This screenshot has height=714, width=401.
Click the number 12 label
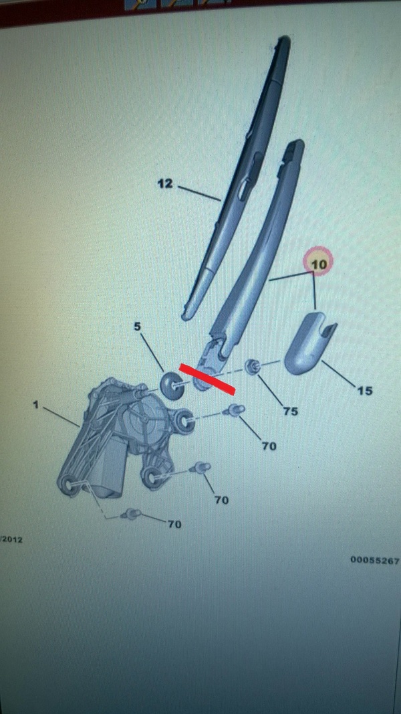pyautogui.click(x=166, y=183)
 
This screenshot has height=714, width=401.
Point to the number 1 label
pyautogui.click(x=36, y=404)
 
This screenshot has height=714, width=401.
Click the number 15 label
pyautogui.click(x=365, y=390)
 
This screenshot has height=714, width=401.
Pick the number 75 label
pyautogui.click(x=291, y=411)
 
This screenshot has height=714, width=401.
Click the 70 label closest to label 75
pyautogui.click(x=269, y=446)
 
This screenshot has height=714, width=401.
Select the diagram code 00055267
pyautogui.click(x=375, y=560)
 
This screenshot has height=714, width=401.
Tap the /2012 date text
pyautogui.click(x=11, y=539)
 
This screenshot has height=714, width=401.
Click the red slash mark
pyautogui.click(x=207, y=378)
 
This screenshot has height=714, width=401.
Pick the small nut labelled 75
pyautogui.click(x=252, y=365)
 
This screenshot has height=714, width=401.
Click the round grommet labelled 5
pyautogui.click(x=170, y=385)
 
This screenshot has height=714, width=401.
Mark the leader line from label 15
pyautogui.click(x=339, y=373)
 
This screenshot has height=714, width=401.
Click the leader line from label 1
pyautogui.click(x=62, y=416)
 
